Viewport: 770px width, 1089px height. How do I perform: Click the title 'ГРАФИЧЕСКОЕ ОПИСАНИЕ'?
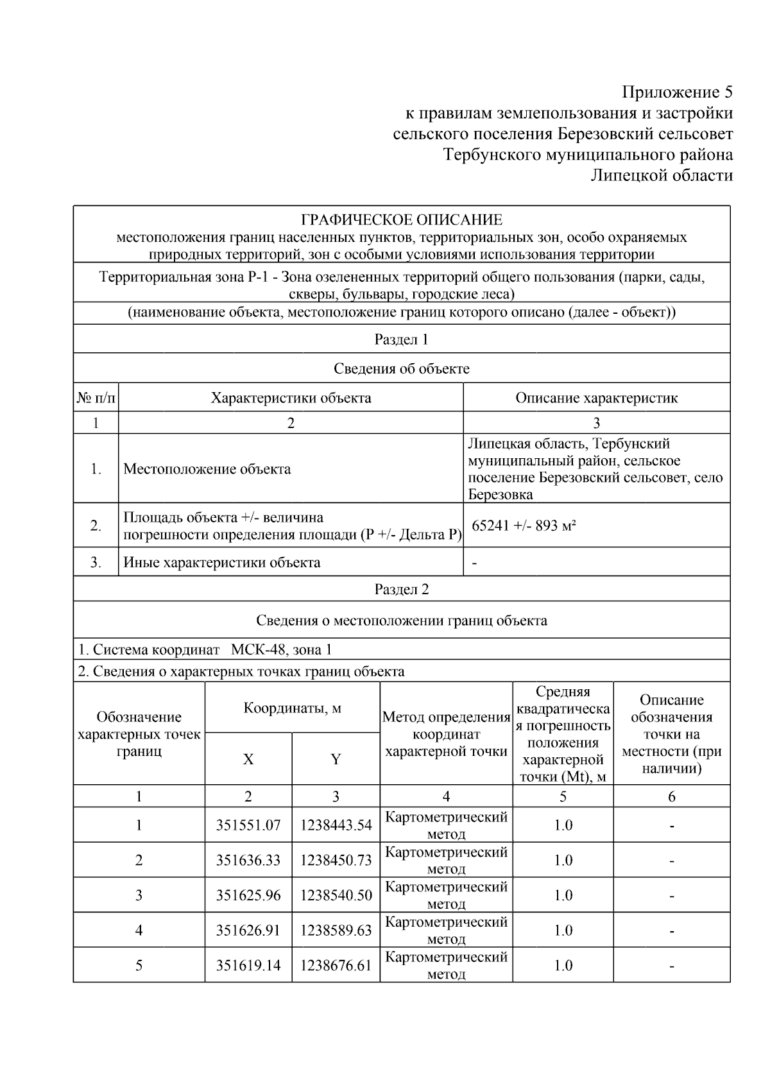click(402, 220)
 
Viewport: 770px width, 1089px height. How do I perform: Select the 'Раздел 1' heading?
click(401, 339)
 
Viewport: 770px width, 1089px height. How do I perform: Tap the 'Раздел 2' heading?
click(401, 589)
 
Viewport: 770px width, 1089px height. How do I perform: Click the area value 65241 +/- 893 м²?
click(524, 526)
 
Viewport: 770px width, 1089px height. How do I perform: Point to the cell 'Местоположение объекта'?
click(207, 469)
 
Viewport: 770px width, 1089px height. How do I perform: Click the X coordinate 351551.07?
click(248, 825)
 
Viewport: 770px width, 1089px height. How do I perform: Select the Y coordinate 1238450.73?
click(336, 861)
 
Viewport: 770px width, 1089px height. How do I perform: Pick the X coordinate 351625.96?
click(248, 895)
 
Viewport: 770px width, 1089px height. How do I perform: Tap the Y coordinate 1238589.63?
click(336, 930)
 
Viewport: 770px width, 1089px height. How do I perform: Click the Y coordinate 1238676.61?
click(336, 965)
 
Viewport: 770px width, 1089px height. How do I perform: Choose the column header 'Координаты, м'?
click(292, 708)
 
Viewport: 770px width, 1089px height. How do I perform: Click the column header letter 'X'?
click(248, 760)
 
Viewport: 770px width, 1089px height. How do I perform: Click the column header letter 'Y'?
click(336, 760)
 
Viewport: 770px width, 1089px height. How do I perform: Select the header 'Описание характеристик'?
click(596, 398)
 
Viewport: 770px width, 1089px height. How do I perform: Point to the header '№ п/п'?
click(96, 398)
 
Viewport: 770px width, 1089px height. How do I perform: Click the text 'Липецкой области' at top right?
click(662, 175)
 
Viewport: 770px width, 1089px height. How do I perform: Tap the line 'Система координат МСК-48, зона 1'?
click(205, 649)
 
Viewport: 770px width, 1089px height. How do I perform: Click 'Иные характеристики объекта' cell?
click(221, 563)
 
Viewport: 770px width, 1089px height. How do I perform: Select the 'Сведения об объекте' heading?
click(401, 369)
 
